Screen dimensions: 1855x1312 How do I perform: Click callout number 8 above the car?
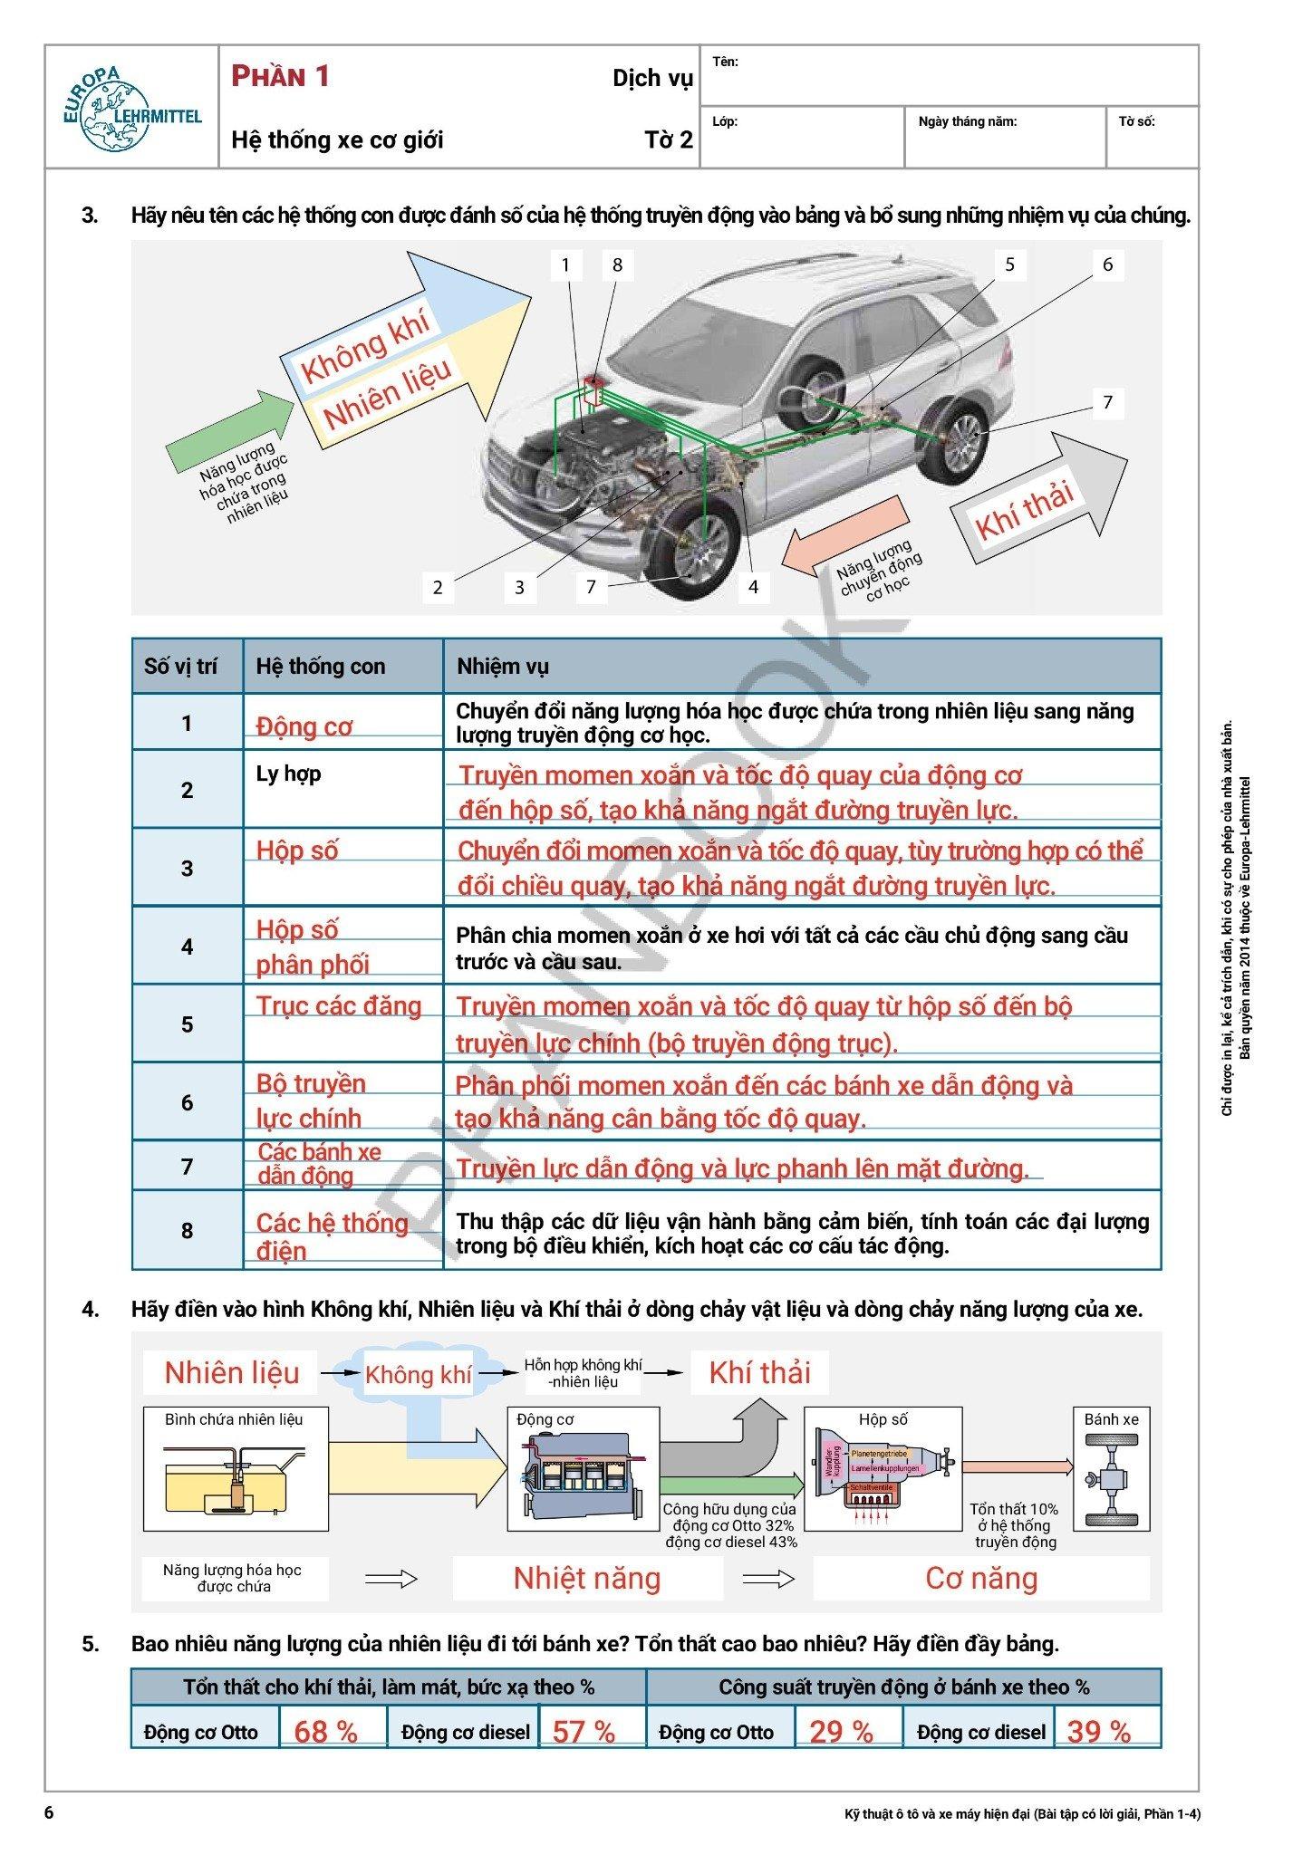(x=617, y=265)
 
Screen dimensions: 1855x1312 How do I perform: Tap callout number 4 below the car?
(x=753, y=587)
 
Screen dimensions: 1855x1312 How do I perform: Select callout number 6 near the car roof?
(x=1107, y=265)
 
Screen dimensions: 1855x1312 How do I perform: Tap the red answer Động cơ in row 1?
(x=304, y=726)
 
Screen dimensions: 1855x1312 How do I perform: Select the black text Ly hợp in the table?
(x=288, y=774)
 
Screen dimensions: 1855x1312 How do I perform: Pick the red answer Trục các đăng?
(x=339, y=1006)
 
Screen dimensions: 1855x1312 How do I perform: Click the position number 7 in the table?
(x=187, y=1167)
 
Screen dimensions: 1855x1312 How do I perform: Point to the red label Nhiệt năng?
(x=587, y=1578)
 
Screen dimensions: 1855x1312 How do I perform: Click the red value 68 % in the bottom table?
(x=325, y=1732)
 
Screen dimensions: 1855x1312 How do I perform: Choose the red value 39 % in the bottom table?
(x=1098, y=1732)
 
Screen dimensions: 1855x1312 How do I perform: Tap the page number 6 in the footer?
(x=50, y=1813)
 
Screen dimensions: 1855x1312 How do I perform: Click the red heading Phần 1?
(x=280, y=77)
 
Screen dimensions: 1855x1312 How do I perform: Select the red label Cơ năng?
(x=980, y=1578)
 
